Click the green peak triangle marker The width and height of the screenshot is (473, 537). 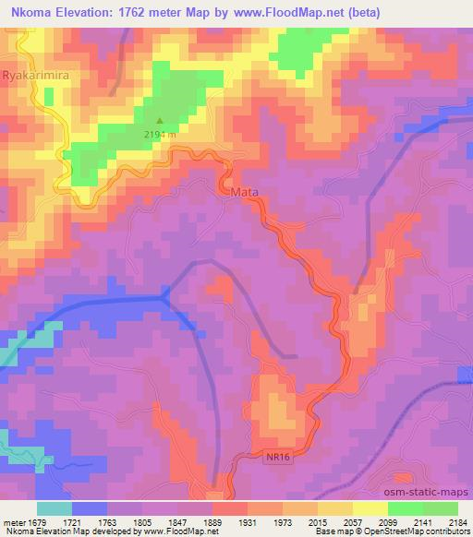tap(159, 120)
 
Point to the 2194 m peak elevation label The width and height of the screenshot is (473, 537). tap(161, 136)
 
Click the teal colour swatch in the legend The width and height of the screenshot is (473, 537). tap(55, 507)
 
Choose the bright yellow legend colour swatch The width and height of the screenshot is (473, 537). tap(370, 507)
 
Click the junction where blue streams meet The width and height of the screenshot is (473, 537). tap(164, 296)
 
